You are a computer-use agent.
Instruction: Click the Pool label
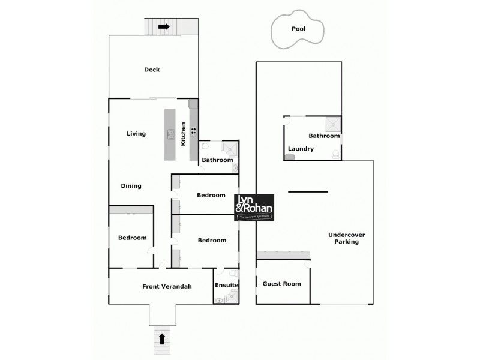298,29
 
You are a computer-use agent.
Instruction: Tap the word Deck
152,70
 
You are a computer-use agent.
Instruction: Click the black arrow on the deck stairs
164,26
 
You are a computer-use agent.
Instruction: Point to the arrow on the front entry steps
161,338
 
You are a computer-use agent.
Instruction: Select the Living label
136,133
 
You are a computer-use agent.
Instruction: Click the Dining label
131,186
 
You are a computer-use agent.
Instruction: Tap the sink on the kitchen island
171,134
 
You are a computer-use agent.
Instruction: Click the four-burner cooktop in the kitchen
194,130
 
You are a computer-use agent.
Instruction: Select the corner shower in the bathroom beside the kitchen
230,148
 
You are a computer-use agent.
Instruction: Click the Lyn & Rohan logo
254,208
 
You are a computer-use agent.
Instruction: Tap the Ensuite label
227,285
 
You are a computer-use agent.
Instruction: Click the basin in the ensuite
219,299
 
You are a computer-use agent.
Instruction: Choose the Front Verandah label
167,287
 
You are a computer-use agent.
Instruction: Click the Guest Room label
282,284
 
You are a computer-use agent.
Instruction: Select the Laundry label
301,149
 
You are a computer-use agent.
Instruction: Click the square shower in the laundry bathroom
332,124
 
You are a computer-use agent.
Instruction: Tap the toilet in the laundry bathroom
335,154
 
